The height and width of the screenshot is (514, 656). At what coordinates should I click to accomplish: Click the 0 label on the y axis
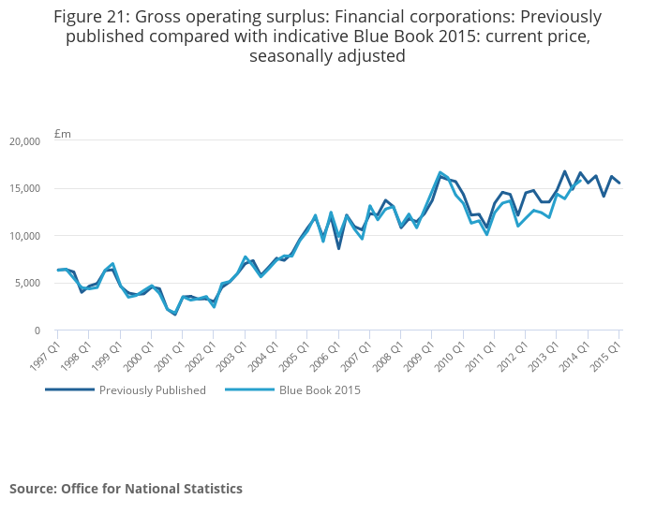(x=37, y=330)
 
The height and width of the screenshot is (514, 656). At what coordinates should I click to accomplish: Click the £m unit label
(x=63, y=134)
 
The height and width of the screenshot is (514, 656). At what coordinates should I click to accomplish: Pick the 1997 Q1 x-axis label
(x=44, y=352)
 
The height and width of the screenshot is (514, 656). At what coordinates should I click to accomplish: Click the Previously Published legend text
(x=153, y=390)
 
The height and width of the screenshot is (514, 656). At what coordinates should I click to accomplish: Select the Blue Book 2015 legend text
(x=320, y=390)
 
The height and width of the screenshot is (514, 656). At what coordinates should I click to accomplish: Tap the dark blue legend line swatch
(x=69, y=390)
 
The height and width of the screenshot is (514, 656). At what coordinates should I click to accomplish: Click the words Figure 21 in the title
(x=91, y=17)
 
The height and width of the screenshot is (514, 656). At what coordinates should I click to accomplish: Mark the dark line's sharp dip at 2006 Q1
(x=338, y=248)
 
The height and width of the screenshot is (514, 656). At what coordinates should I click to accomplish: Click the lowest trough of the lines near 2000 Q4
(x=175, y=314)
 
